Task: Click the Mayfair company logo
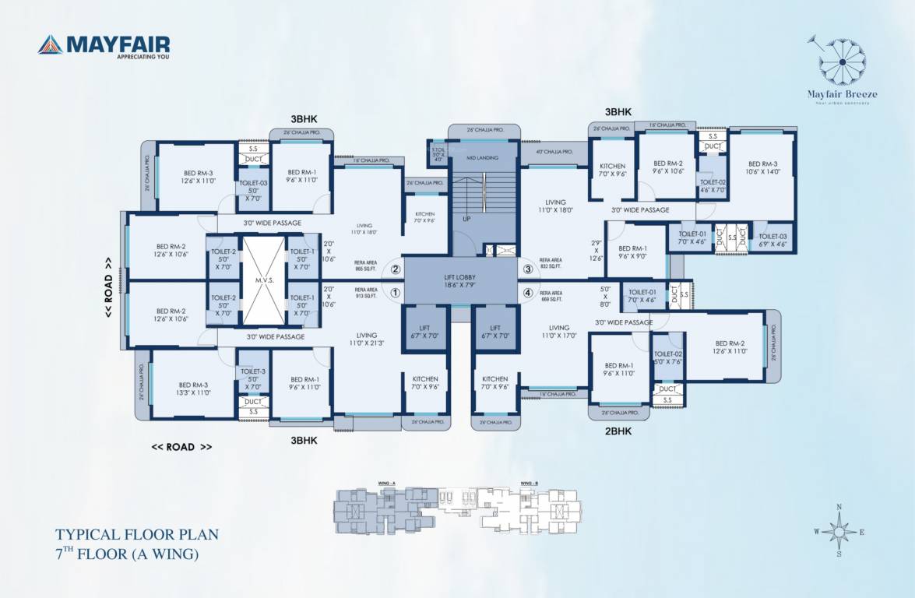click(104, 46)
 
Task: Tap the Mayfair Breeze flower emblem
click(843, 62)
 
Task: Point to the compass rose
click(839, 531)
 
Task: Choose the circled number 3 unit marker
click(528, 269)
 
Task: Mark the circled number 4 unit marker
click(528, 294)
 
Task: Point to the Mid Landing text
click(482, 157)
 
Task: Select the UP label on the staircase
click(466, 219)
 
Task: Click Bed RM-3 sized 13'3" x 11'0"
click(193, 389)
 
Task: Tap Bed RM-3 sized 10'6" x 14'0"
click(763, 168)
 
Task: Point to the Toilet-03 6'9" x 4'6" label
click(772, 239)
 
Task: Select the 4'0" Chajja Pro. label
click(554, 152)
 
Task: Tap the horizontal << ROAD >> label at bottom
click(181, 447)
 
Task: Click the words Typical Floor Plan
click(136, 535)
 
